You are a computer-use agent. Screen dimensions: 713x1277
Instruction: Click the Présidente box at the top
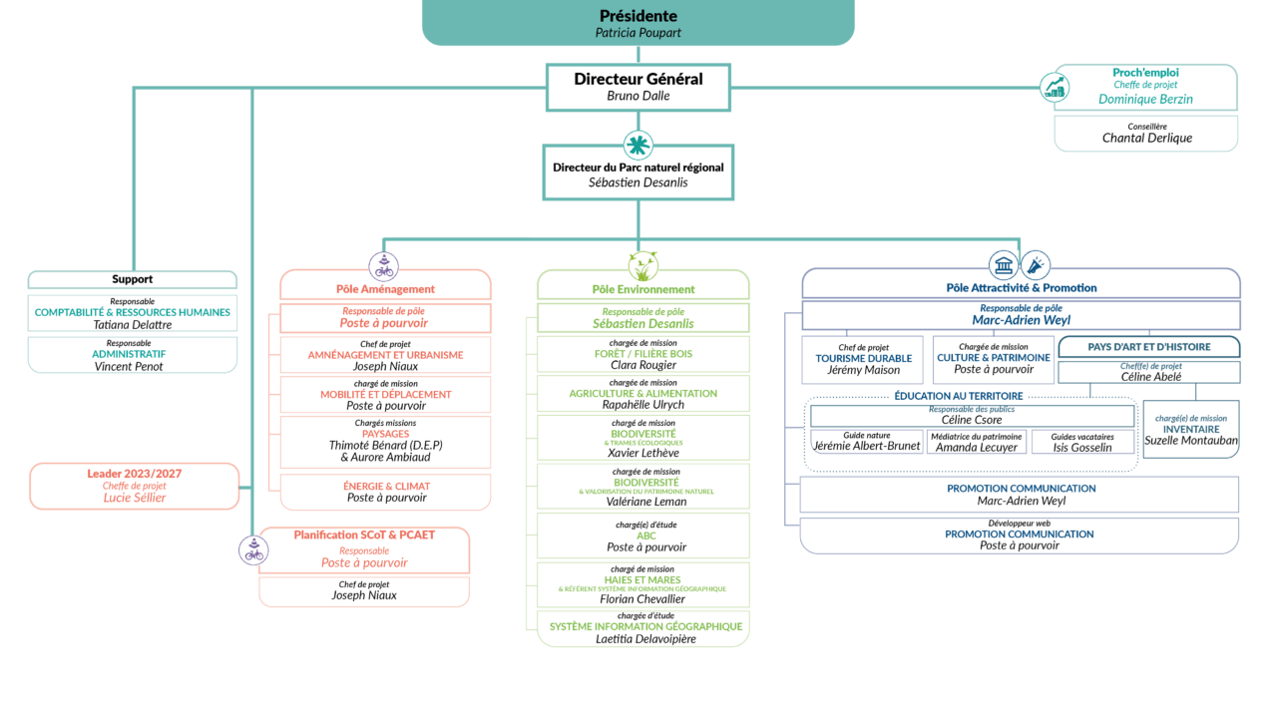tap(638, 22)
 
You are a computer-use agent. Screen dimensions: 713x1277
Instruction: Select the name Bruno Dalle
tap(638, 96)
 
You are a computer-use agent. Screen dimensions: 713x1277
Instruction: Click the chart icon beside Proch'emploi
tap(1054, 88)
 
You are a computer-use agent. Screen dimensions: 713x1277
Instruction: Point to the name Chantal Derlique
tap(1146, 138)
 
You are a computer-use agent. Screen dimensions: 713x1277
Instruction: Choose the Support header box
tap(133, 279)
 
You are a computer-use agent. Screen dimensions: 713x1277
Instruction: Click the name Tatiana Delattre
tap(133, 325)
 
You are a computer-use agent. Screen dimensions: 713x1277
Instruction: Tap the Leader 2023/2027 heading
tap(135, 473)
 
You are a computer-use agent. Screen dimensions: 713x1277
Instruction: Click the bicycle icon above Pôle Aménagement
tap(384, 266)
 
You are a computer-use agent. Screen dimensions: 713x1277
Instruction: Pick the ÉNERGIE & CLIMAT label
tap(386, 486)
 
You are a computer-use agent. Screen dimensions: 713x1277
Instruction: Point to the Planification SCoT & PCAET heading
tap(364, 535)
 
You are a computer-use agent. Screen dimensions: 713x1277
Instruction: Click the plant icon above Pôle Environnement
tap(642, 266)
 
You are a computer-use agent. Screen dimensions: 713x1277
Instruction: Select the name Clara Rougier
tap(643, 365)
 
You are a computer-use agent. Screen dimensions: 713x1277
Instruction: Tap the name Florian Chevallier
tap(642, 599)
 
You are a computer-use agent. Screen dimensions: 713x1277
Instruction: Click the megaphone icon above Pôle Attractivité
tap(1036, 265)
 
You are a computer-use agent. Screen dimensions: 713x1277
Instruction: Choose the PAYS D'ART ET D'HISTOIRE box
tap(1148, 347)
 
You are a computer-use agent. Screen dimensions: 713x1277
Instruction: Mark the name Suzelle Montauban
tap(1190, 441)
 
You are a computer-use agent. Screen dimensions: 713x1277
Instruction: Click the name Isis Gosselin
tap(1082, 448)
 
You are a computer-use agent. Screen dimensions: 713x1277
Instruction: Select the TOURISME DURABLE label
tap(863, 358)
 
